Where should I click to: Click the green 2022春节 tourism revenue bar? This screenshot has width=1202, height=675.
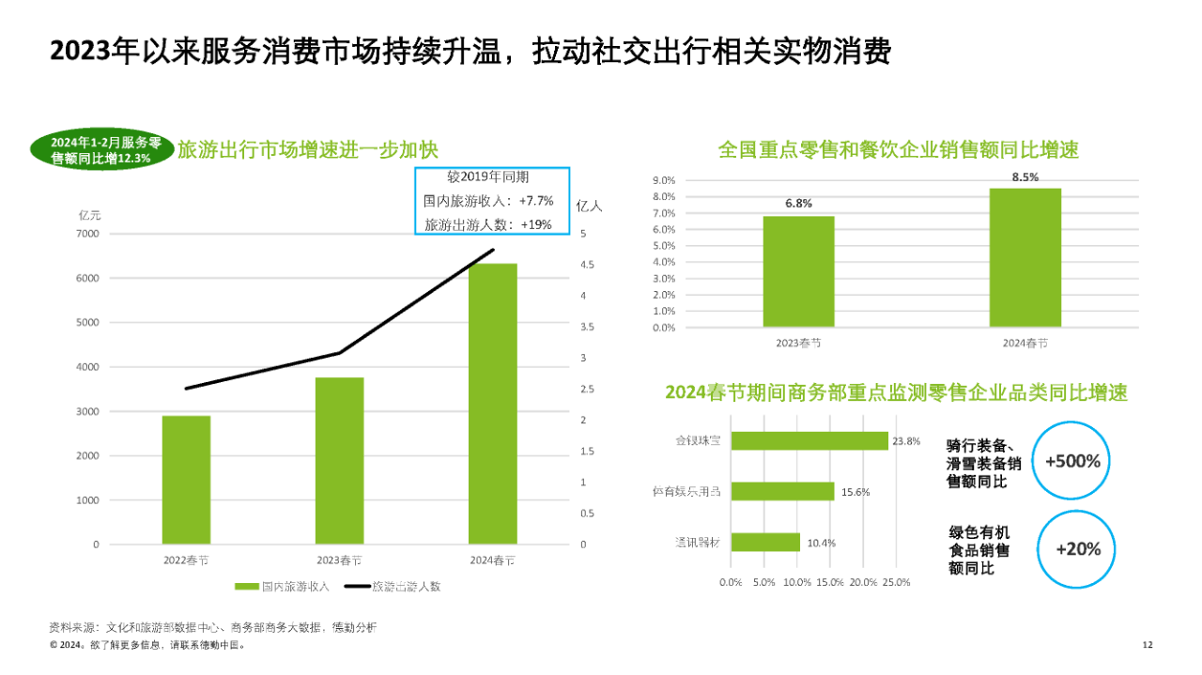pyautogui.click(x=186, y=480)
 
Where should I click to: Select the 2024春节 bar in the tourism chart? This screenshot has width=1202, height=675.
pyautogui.click(x=492, y=404)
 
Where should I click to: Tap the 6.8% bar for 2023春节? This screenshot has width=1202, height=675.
pyautogui.click(x=798, y=272)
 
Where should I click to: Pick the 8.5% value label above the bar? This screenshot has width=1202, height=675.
pyautogui.click(x=1025, y=177)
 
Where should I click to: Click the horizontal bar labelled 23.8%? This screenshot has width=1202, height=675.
pyautogui.click(x=809, y=440)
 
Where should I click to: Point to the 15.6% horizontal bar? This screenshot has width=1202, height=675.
pyautogui.click(x=782, y=491)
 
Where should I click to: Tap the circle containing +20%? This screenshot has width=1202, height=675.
pyautogui.click(x=1077, y=549)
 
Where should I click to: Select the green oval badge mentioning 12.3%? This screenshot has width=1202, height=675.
pyautogui.click(x=101, y=150)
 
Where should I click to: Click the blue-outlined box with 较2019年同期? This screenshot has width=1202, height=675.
pyautogui.click(x=492, y=201)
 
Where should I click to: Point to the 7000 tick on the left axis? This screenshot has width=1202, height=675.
pyautogui.click(x=87, y=234)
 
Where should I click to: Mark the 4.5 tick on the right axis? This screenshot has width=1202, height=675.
pyautogui.click(x=585, y=265)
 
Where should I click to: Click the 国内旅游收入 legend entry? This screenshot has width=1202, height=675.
pyautogui.click(x=282, y=587)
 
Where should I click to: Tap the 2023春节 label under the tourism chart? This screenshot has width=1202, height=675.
pyautogui.click(x=339, y=560)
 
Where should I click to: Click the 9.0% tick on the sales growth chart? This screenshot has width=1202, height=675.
pyautogui.click(x=663, y=180)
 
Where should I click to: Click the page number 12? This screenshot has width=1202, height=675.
pyautogui.click(x=1147, y=645)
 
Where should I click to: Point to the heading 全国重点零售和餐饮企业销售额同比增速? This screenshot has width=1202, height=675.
pyautogui.click(x=898, y=149)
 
